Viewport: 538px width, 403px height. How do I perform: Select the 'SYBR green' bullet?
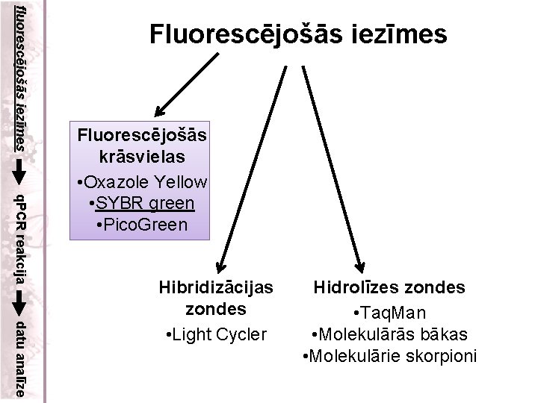(x=143, y=202)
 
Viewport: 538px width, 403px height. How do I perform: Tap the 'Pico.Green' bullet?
(x=143, y=223)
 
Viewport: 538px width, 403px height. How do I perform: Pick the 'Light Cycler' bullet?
(x=216, y=334)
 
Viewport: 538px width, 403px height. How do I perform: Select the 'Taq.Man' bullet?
(x=389, y=313)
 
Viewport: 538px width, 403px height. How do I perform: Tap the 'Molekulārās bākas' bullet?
(x=389, y=334)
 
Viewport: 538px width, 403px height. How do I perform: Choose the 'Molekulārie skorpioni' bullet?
(x=389, y=355)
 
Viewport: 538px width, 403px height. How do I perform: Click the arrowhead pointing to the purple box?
(x=158, y=108)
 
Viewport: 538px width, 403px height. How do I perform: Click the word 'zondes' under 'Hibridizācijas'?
(x=216, y=308)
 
